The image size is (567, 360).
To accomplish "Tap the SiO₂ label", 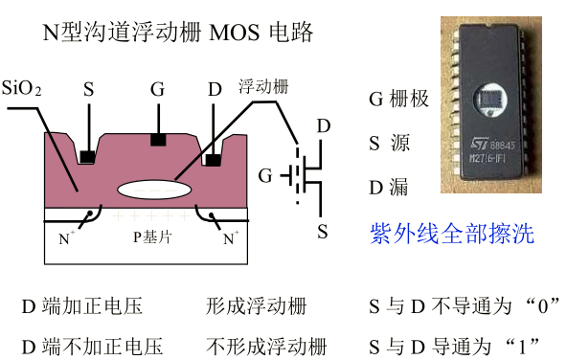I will [x=21, y=89].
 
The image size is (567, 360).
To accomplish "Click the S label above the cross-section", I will [x=88, y=90].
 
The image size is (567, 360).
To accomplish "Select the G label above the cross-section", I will [x=157, y=90].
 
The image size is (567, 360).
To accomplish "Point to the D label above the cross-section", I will [x=216, y=90].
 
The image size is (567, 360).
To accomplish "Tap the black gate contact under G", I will [x=157, y=141].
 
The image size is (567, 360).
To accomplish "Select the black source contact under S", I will [x=87, y=154].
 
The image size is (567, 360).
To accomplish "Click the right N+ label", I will [x=230, y=235].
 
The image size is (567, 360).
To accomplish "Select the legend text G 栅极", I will [x=398, y=99].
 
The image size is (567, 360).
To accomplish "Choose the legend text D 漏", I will [x=388, y=187].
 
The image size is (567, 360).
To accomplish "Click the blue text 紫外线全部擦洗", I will [x=451, y=233].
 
